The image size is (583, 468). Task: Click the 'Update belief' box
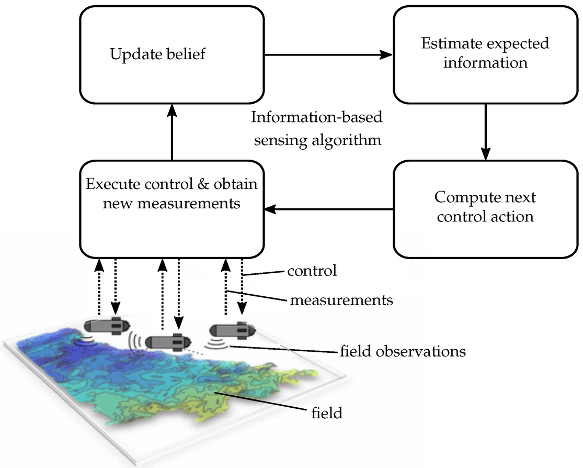point(172,54)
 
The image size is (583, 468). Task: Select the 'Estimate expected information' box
point(485,54)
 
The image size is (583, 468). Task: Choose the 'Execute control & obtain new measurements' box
point(172,208)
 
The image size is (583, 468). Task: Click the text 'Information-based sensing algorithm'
point(317,128)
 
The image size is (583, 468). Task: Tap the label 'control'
point(312,271)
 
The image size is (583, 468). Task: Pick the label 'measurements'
point(341,300)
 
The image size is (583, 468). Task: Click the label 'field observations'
point(402,351)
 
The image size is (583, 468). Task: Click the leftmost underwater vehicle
point(105,325)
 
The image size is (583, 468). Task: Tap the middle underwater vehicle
point(167,341)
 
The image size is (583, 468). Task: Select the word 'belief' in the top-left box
point(188,54)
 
